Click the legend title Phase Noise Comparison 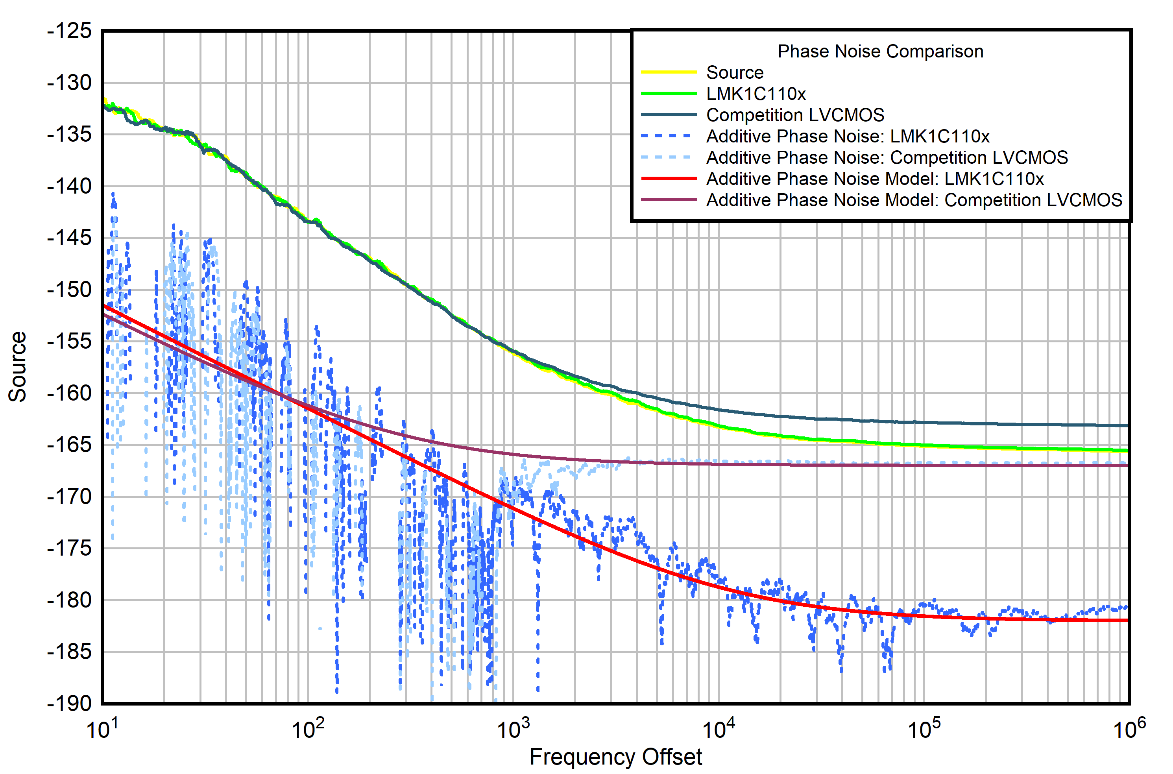[x=880, y=51]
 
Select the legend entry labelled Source [x=734, y=72]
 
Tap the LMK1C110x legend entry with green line [x=756, y=94]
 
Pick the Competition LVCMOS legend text [x=794, y=115]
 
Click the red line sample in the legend [x=668, y=179]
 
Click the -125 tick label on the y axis [x=70, y=31]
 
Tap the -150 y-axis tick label [x=70, y=290]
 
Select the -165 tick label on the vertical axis [x=70, y=445]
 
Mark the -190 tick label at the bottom [x=70, y=703]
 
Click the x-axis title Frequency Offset [x=615, y=757]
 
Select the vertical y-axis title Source [x=18, y=366]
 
